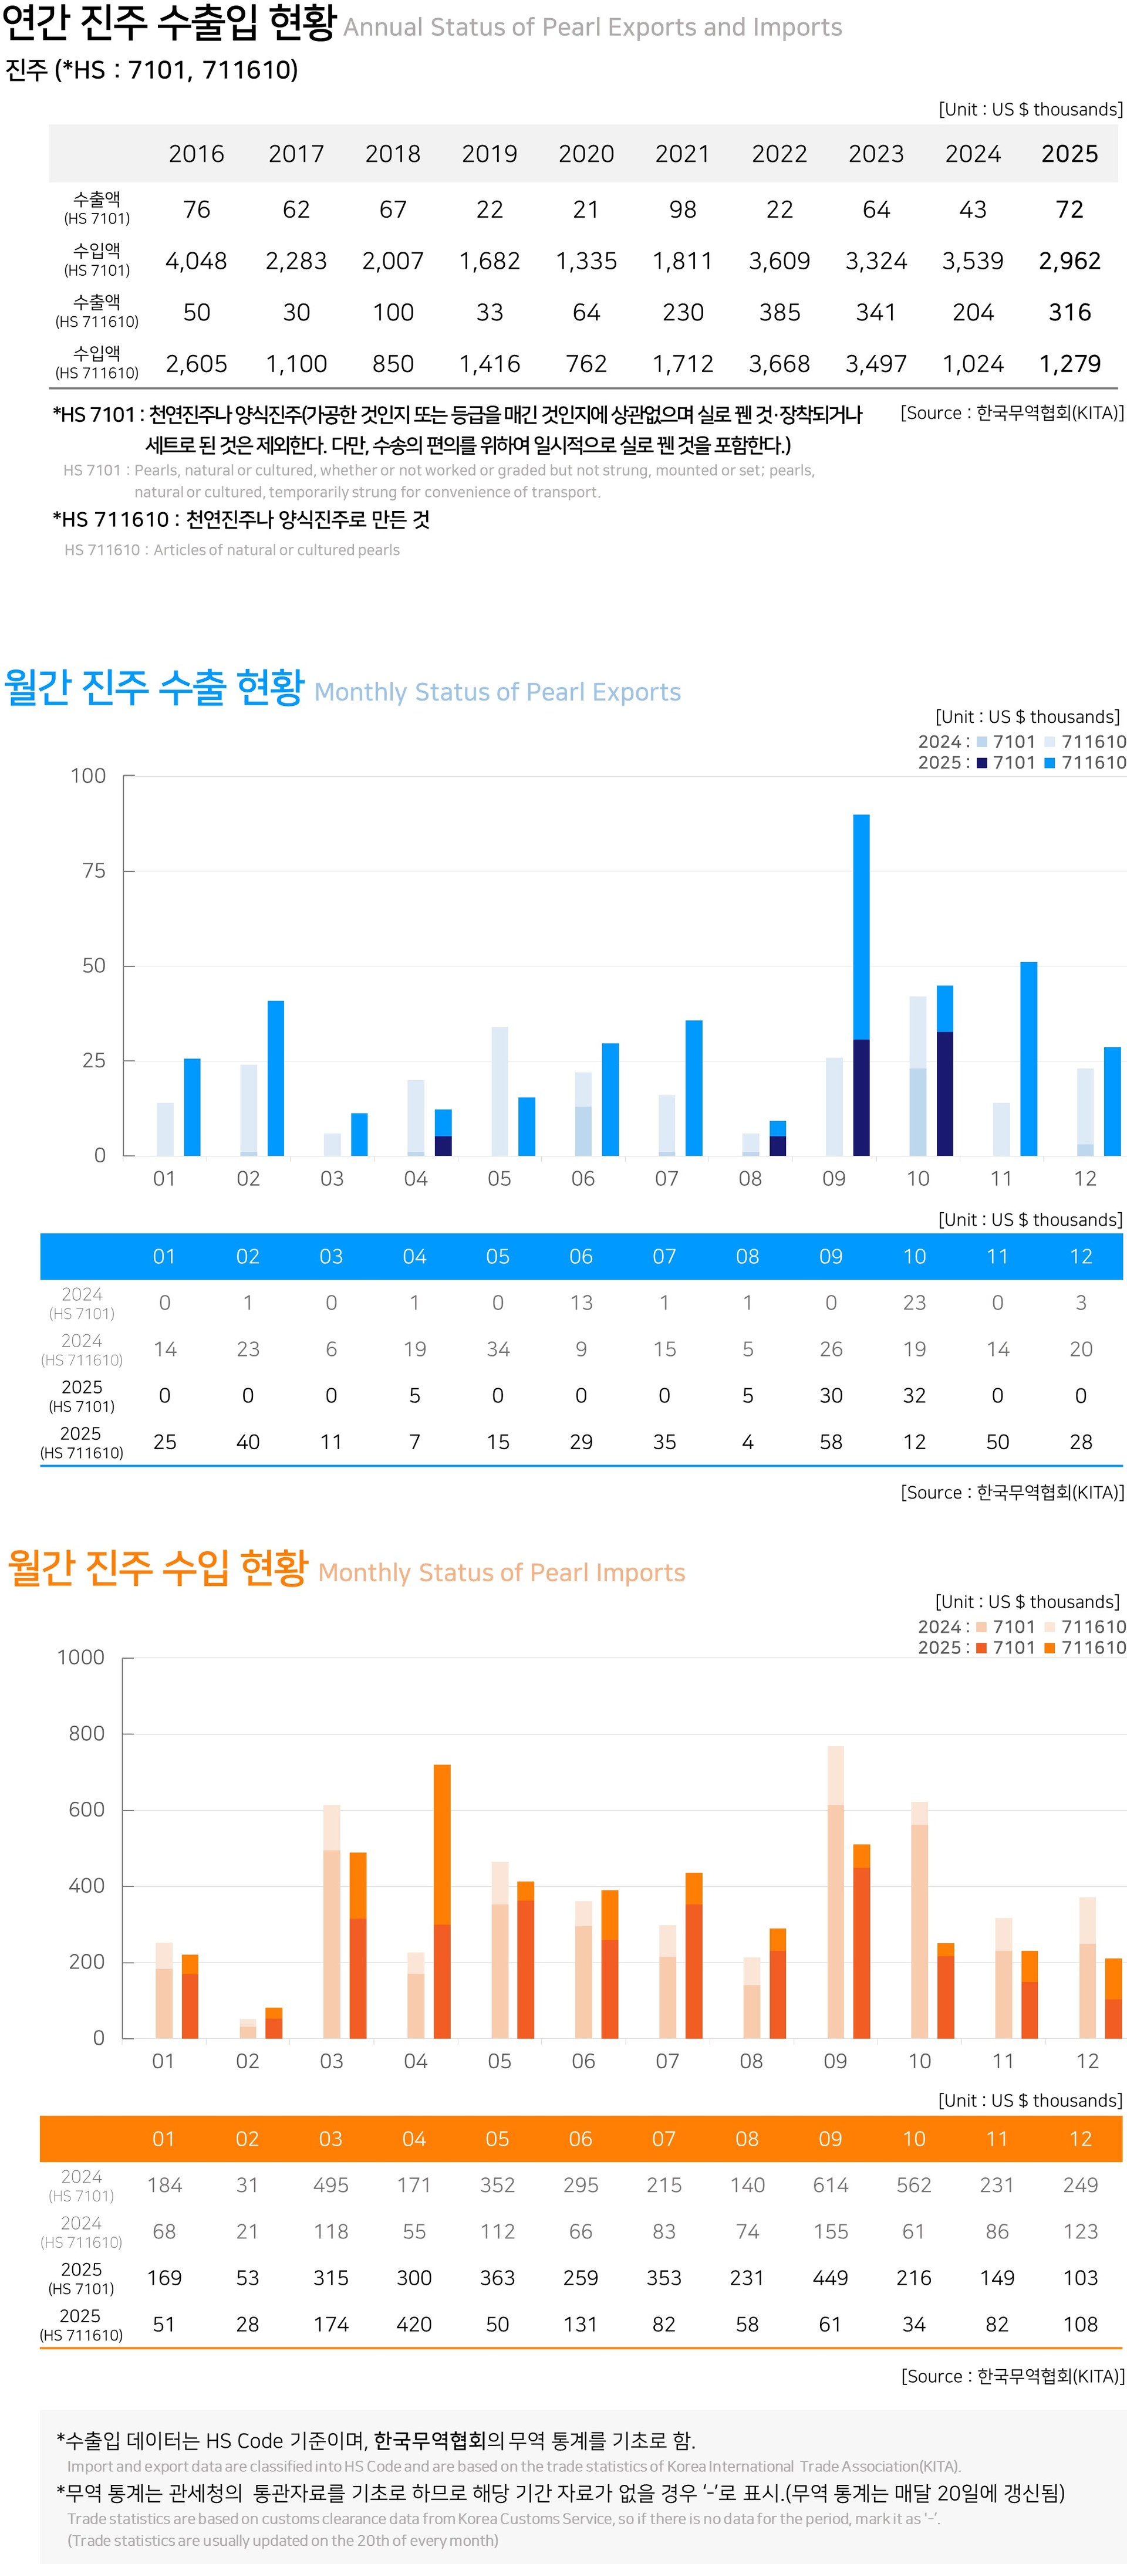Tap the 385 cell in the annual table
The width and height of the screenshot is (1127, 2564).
coord(780,313)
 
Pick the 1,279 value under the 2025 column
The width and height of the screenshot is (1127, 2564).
coord(1069,364)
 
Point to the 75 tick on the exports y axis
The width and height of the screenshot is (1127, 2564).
coord(93,871)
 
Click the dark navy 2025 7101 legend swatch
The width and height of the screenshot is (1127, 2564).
coord(981,763)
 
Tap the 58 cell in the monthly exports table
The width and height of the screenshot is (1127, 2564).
coord(831,1442)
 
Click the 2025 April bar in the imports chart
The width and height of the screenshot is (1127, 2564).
coord(442,1901)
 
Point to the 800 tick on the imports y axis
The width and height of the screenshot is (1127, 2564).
coord(87,1734)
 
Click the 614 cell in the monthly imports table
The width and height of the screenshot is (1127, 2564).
coord(831,2185)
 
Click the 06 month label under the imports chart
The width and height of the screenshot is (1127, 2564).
coord(583,2061)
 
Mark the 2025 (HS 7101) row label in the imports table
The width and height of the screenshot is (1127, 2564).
coord(82,2278)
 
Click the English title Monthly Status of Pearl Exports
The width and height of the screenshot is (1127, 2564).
coord(497,693)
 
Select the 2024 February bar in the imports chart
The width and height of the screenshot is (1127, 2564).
coord(248,2028)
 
